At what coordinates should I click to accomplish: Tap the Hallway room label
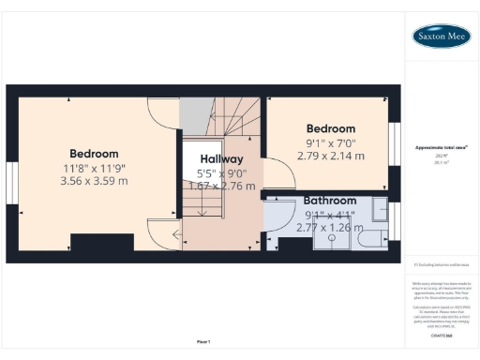(x=220, y=159)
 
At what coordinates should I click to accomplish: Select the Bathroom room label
(x=330, y=201)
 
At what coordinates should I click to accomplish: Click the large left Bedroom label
(x=94, y=154)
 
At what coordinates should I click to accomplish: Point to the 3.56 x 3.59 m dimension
(x=94, y=182)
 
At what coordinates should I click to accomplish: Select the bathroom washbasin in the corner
(x=381, y=208)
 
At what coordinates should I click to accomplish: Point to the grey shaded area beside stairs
(x=191, y=117)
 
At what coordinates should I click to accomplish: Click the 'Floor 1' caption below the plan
(x=202, y=341)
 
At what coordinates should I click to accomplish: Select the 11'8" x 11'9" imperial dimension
(x=94, y=168)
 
